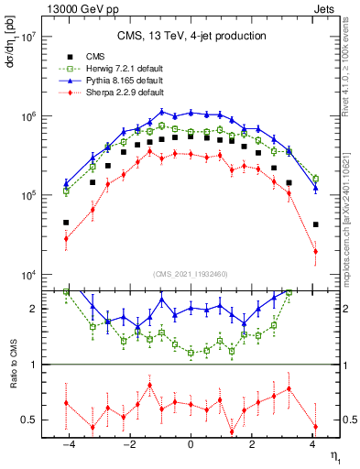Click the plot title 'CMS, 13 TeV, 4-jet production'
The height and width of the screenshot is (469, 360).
tap(191, 36)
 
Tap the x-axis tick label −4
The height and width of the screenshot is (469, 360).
tap(66, 445)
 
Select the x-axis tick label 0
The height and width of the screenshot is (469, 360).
tap(191, 445)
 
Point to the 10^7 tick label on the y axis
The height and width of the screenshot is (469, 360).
tap(28, 38)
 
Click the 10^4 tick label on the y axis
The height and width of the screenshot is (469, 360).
tap(28, 276)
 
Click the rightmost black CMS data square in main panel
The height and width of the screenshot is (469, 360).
tap(315, 224)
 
